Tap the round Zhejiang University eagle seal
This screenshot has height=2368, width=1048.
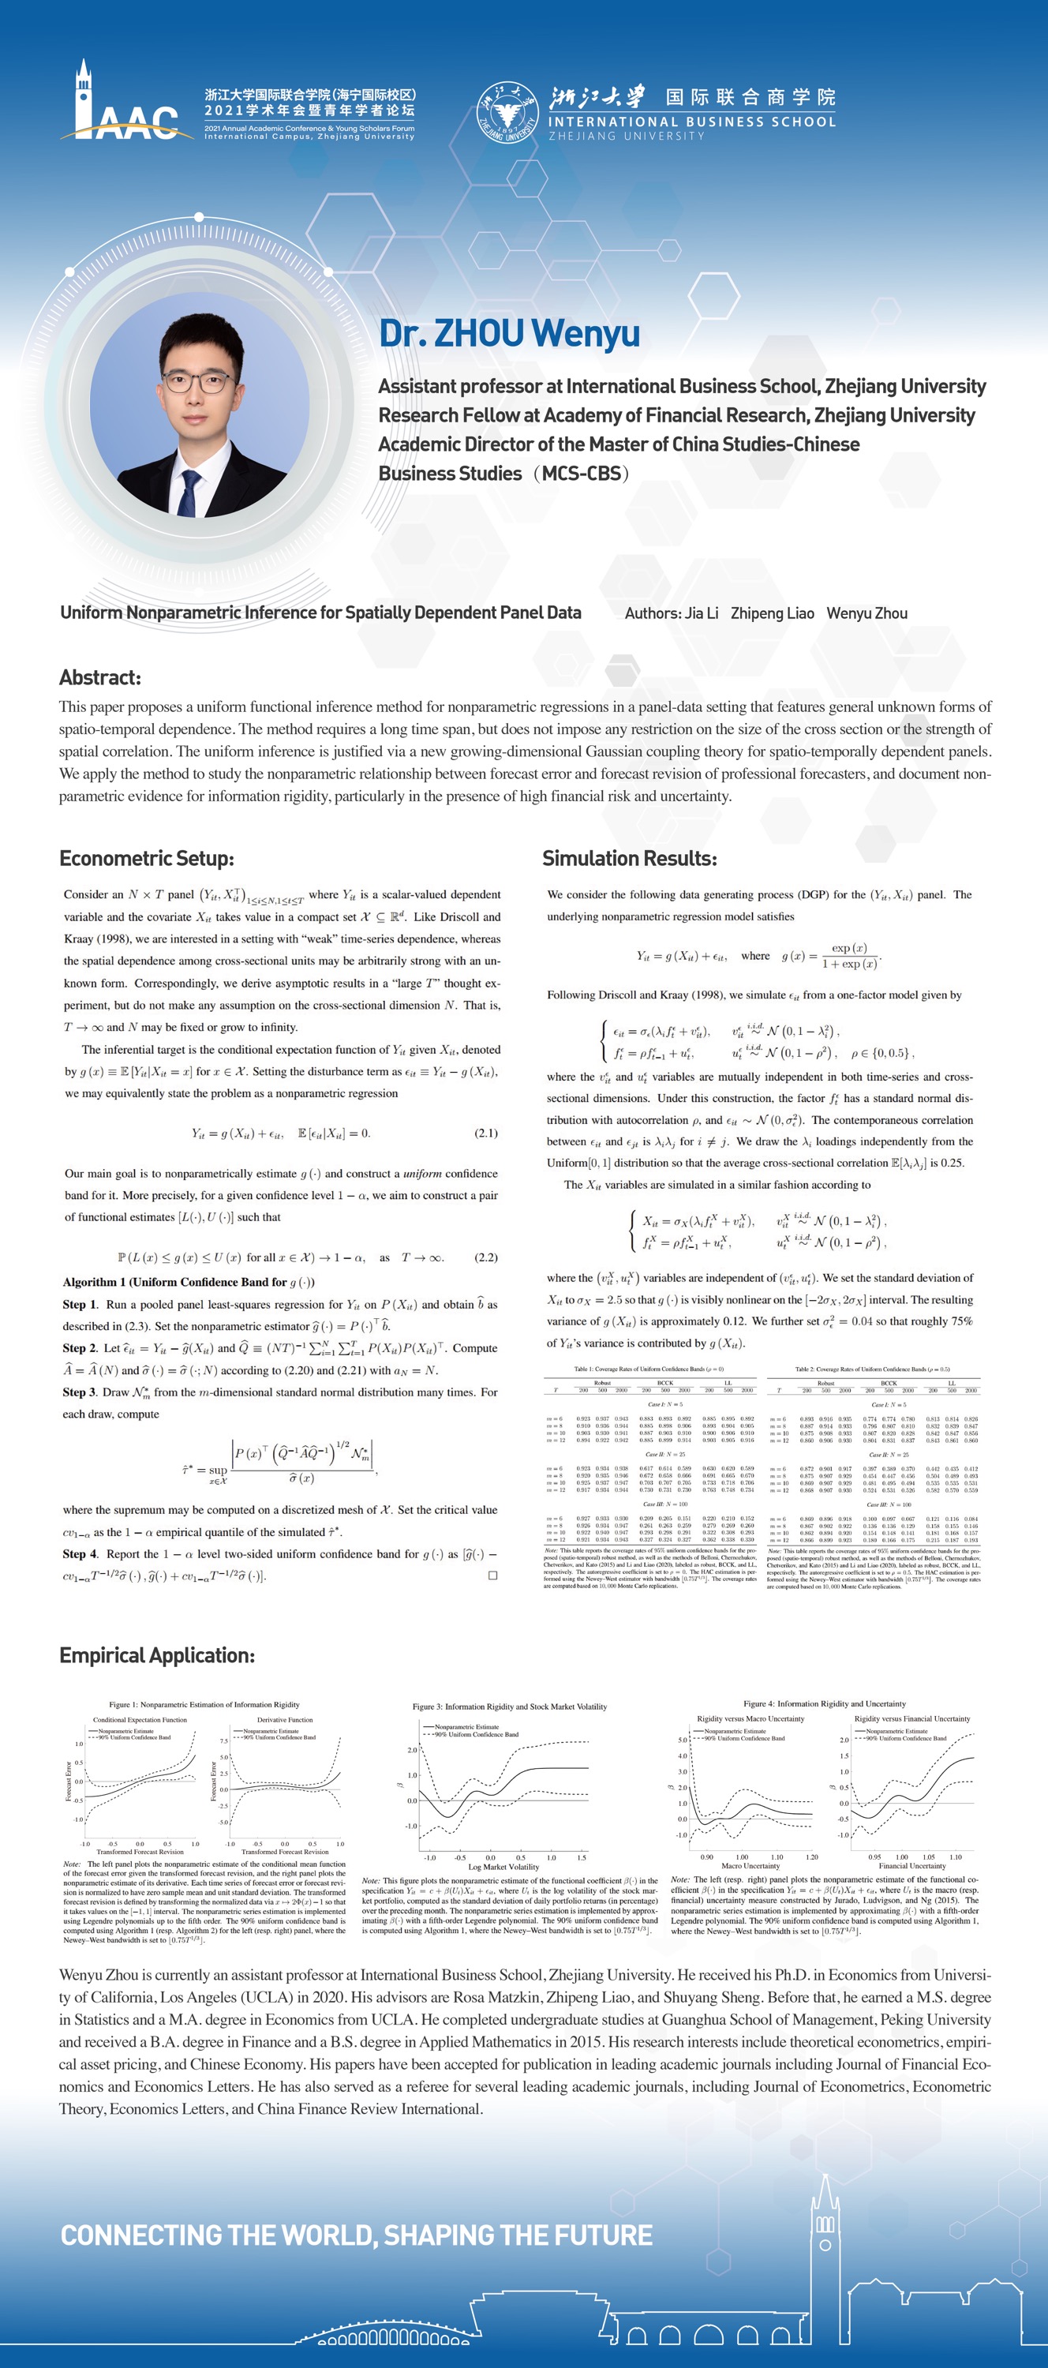point(507,113)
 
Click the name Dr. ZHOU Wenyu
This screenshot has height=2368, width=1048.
point(509,333)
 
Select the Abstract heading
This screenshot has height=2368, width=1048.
point(100,677)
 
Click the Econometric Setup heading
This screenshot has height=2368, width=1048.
point(146,859)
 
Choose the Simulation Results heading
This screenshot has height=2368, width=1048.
point(629,859)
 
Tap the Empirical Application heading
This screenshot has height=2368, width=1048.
point(156,1655)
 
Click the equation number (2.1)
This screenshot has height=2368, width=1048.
point(485,1133)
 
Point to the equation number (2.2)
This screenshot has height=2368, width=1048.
point(485,1257)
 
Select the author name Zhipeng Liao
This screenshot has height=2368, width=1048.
point(773,613)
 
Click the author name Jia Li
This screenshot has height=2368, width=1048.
point(702,613)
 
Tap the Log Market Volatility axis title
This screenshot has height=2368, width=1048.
point(503,1866)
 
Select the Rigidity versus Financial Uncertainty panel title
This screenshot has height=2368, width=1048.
point(912,1718)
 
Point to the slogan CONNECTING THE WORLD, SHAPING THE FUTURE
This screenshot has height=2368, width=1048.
point(357,2235)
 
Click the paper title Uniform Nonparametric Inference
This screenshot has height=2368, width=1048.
point(320,613)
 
